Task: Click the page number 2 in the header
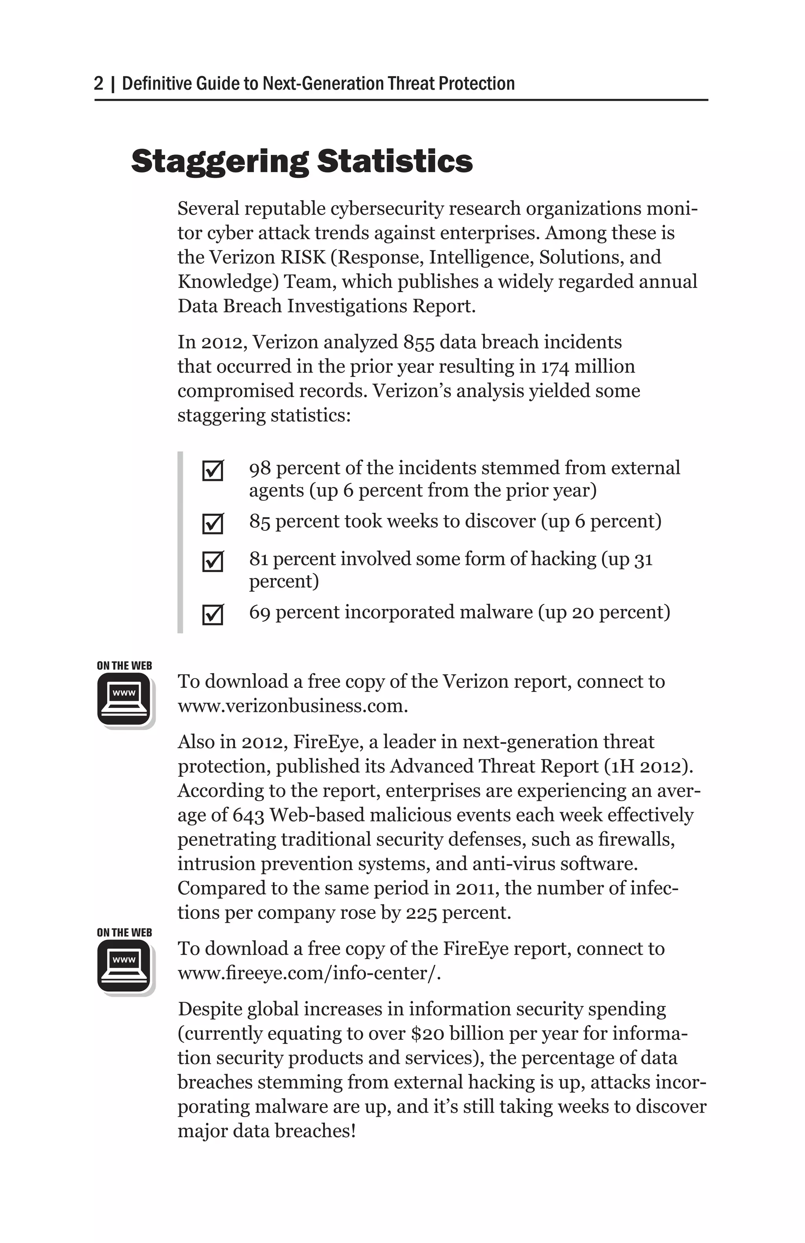click(99, 84)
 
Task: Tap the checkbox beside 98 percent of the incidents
click(213, 471)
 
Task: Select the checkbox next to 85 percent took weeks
click(213, 523)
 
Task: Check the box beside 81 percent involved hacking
click(213, 561)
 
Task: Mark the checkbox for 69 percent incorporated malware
click(213, 614)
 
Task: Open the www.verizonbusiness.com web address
click(292, 706)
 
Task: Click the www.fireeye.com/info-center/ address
click(309, 973)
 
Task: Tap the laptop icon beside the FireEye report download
click(124, 966)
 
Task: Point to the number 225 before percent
click(421, 913)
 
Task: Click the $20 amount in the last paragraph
click(427, 1034)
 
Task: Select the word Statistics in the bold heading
click(395, 161)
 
